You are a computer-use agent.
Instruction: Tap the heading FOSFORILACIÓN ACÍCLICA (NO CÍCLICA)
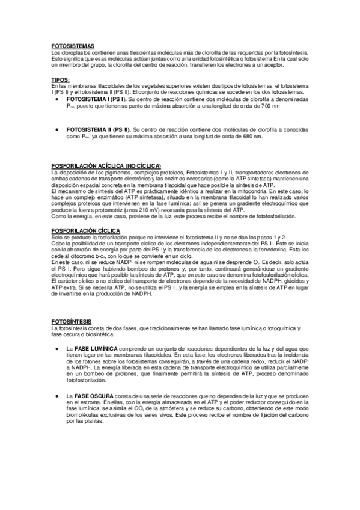(x=107, y=165)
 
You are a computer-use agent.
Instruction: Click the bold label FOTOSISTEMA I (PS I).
(x=96, y=99)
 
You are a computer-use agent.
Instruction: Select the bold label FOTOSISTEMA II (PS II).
(x=98, y=129)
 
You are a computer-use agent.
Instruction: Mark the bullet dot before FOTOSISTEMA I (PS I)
(x=56, y=99)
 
